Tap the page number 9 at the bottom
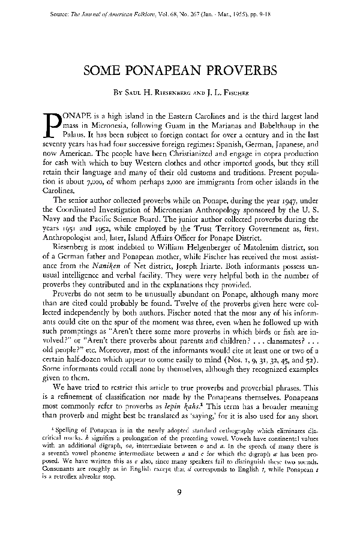[x=179, y=510]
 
